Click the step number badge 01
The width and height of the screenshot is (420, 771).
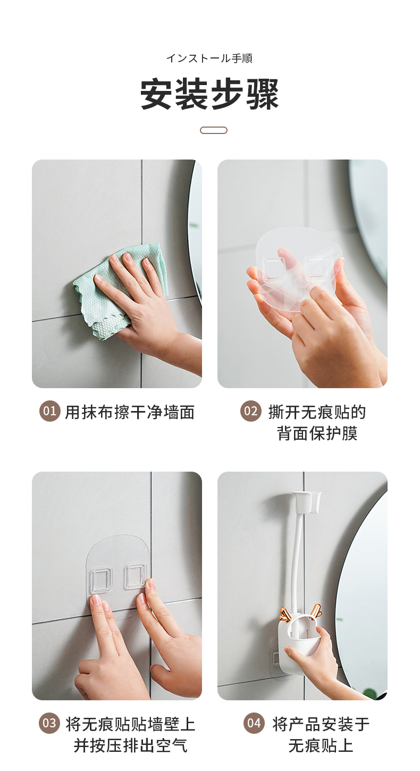point(50,411)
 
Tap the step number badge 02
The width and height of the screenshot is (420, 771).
point(251,411)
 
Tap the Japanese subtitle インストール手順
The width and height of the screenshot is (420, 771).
point(209,58)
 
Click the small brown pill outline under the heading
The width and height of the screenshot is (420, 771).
point(213,130)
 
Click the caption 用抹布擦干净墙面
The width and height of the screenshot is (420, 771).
point(130,412)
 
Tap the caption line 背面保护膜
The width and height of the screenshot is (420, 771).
point(317,433)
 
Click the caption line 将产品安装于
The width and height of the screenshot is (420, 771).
point(321,724)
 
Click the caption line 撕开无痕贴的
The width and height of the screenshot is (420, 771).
point(317,412)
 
